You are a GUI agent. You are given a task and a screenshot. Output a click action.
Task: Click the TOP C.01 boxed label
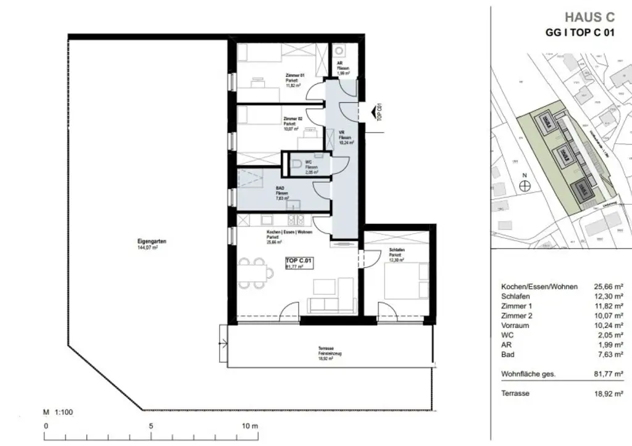(x=299, y=262)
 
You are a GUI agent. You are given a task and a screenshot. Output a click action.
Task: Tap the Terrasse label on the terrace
(x=326, y=349)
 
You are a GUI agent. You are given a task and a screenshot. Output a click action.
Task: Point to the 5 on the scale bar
(x=151, y=426)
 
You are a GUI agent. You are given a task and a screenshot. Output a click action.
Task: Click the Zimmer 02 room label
(x=292, y=118)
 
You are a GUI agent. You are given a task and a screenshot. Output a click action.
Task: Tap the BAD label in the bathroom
(x=281, y=189)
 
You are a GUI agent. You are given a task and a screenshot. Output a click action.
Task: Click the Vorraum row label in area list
(x=517, y=325)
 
